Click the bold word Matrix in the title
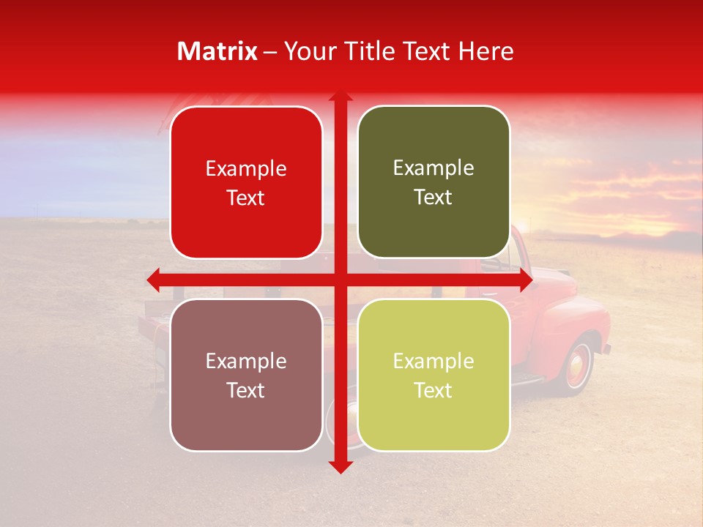tap(217, 51)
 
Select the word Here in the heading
tap(486, 51)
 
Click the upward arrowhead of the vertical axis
tap(340, 97)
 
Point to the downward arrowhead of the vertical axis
tap(340, 467)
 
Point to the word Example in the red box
tap(246, 168)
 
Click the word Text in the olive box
tap(434, 197)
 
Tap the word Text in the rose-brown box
tap(246, 390)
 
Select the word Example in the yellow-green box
tap(434, 361)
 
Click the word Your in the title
tap(305, 51)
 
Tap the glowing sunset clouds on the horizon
tap(630, 190)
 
